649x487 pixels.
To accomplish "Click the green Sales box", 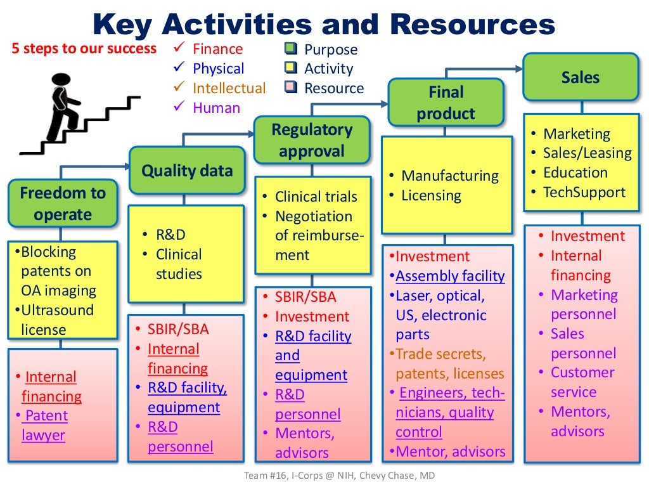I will (580, 77).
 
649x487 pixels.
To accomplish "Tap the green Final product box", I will (446, 103).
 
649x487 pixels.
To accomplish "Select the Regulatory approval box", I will (312, 140).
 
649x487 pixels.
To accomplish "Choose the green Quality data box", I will (186, 170).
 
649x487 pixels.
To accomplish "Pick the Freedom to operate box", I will (63, 204).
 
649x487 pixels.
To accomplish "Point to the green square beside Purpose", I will (291, 48).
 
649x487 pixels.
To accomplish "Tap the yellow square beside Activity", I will (291, 68).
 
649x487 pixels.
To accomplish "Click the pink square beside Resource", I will (291, 88).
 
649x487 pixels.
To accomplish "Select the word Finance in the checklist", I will (217, 49).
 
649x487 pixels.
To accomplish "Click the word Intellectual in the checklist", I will (229, 88).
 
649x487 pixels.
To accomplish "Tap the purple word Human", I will (216, 108).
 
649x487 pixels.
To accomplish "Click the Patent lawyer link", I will (45, 425).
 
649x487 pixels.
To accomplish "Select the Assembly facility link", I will (450, 276).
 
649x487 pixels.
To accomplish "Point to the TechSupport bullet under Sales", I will (584, 192).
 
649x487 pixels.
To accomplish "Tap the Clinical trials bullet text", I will (316, 197).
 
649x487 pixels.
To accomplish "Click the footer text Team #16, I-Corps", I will (324, 475).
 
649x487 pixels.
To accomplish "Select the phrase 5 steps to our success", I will (84, 49).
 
